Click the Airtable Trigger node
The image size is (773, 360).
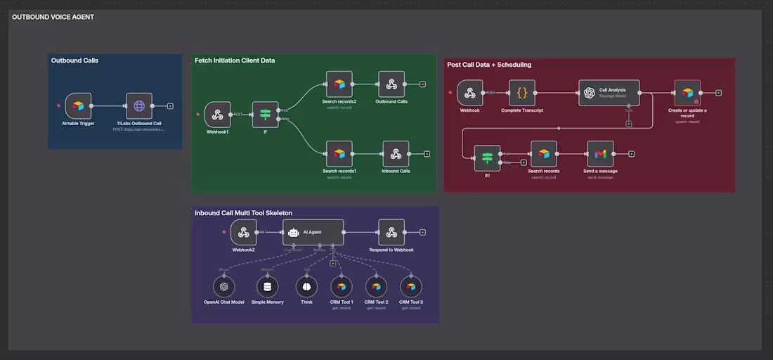tap(79, 106)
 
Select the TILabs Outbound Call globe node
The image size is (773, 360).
tap(139, 106)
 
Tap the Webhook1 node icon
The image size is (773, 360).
tap(217, 115)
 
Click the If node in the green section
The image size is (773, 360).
tap(265, 115)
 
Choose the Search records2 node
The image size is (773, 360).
tap(339, 84)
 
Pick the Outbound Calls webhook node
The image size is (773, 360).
tap(391, 84)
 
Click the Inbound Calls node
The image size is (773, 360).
tap(396, 154)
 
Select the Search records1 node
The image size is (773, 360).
tap(339, 154)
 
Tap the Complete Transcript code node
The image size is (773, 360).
tap(522, 92)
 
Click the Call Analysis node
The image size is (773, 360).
tap(609, 92)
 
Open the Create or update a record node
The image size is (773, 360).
tap(687, 92)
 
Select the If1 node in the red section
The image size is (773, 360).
tap(487, 157)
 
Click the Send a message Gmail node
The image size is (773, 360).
tap(599, 154)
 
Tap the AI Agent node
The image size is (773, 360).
tap(313, 232)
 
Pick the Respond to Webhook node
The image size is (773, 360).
tap(391, 232)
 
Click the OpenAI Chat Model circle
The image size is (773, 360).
tap(223, 286)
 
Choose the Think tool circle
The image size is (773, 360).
tap(306, 286)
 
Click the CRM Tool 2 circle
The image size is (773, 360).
tap(376, 286)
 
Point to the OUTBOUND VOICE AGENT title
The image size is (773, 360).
tap(53, 17)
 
